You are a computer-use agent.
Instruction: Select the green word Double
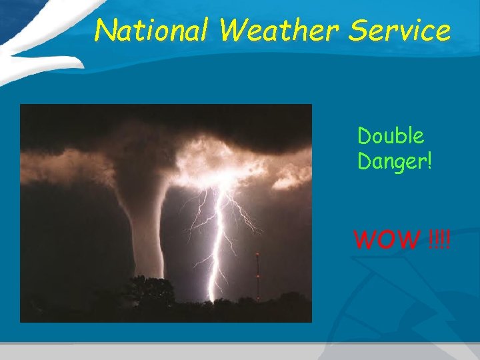[x=391, y=136]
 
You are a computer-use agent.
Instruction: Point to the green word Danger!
[x=395, y=161]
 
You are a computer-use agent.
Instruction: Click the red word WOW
[x=387, y=238]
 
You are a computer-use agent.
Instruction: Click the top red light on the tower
[x=258, y=255]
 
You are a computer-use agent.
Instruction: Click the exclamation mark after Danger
[x=429, y=161]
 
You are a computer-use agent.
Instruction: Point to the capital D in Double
[x=364, y=136]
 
